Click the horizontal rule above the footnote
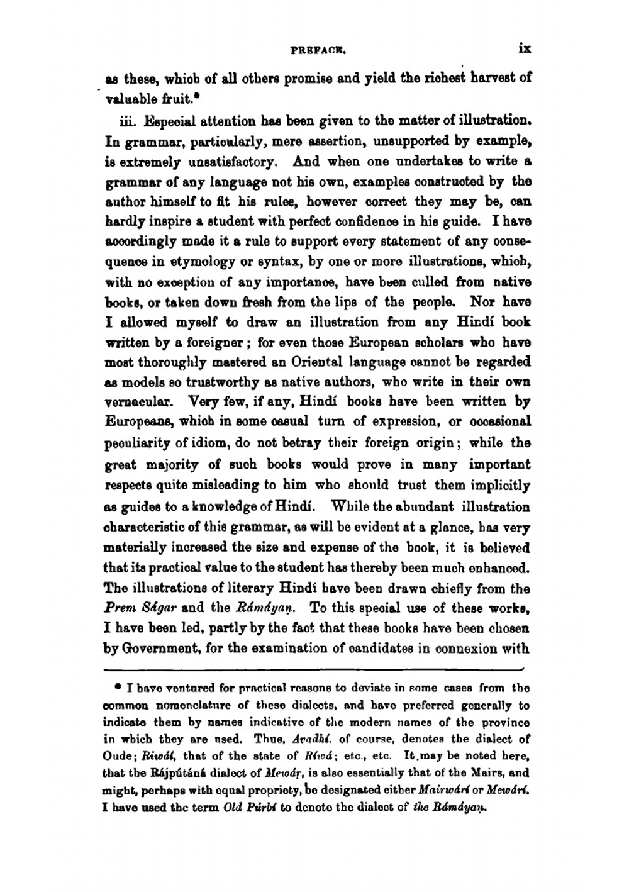tap(314, 669)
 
